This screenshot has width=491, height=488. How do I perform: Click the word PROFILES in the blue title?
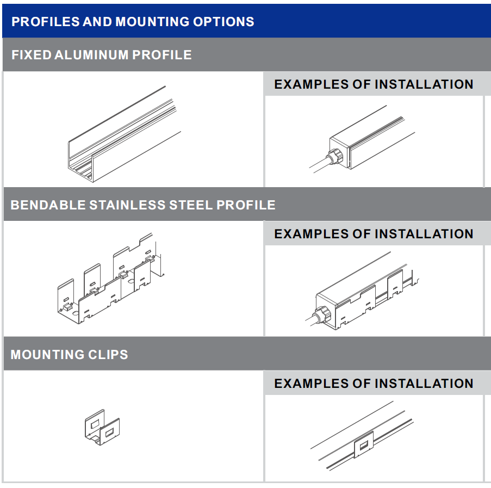(x=46, y=22)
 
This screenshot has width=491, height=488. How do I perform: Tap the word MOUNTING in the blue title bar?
(x=152, y=22)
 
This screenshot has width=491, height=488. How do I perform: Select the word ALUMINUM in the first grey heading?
(x=91, y=55)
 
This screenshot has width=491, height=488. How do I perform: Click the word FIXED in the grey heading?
(x=32, y=55)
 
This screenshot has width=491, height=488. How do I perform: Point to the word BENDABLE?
(x=48, y=205)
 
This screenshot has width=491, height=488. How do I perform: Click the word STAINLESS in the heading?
(x=128, y=205)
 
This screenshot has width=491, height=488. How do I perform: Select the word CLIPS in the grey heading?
(x=108, y=355)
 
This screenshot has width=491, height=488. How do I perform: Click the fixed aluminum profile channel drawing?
(x=125, y=134)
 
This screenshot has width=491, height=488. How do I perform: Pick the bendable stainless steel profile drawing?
(x=111, y=279)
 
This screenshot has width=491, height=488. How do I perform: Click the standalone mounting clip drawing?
(x=102, y=427)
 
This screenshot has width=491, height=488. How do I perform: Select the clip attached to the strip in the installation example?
(x=364, y=444)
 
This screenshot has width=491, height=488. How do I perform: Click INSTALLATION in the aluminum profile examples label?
(x=424, y=84)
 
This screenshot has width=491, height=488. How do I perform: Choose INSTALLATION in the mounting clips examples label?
(x=424, y=384)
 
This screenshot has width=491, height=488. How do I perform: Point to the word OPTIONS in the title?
(x=223, y=22)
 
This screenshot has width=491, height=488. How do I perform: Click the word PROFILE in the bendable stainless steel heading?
(x=246, y=205)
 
